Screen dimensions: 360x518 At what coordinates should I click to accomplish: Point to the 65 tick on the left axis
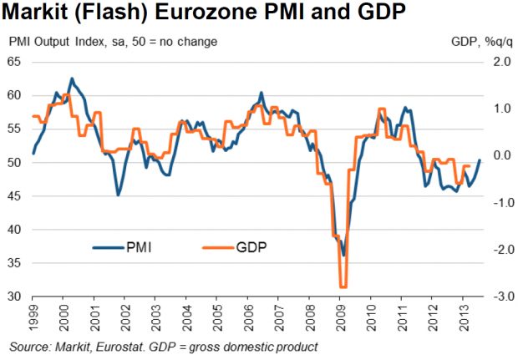point(14,62)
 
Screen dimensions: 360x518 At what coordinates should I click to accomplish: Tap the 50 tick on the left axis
point(14,162)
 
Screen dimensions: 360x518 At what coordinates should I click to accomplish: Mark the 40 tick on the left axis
point(14,230)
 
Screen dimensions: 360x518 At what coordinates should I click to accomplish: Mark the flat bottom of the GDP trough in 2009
point(342,286)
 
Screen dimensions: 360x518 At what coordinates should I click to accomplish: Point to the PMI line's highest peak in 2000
point(71,79)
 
